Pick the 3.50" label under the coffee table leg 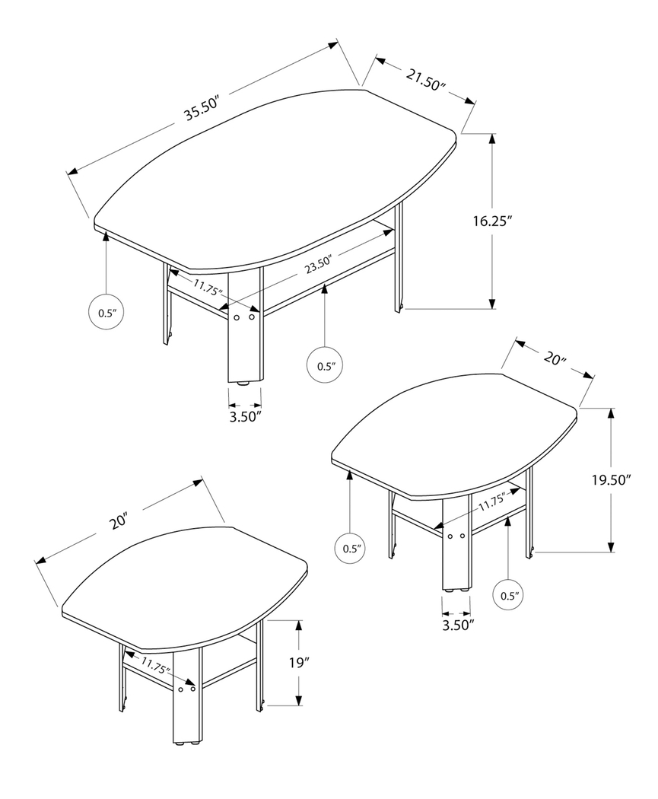245,415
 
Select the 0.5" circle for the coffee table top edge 106,313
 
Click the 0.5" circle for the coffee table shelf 326,365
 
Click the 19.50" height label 612,480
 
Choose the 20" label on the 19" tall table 118,522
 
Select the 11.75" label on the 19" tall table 155,668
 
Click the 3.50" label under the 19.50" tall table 456,625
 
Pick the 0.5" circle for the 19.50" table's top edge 350,547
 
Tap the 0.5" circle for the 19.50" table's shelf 508,595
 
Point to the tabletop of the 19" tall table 186,586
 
